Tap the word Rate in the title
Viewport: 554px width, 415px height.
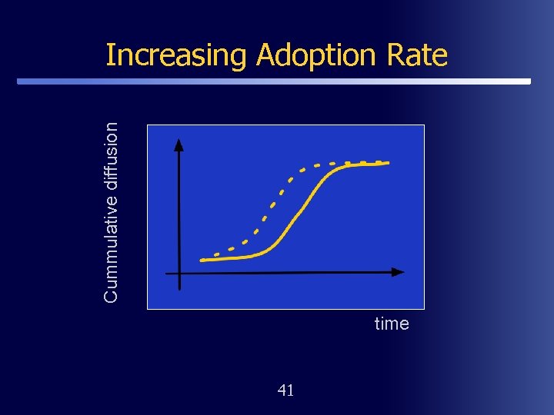pyautogui.click(x=419, y=55)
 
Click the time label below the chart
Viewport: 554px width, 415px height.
pyautogui.click(x=392, y=324)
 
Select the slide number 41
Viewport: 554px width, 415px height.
pyautogui.click(x=285, y=390)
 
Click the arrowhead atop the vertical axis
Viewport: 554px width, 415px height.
pyautogui.click(x=179, y=144)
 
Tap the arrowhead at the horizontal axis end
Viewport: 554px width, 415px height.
pyautogui.click(x=398, y=272)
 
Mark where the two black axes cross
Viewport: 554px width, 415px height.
pyautogui.click(x=179, y=273)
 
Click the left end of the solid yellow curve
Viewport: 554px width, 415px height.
pyautogui.click(x=202, y=261)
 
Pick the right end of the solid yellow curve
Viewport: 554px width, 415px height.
pyautogui.click(x=389, y=163)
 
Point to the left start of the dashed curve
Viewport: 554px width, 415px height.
pyautogui.click(x=216, y=253)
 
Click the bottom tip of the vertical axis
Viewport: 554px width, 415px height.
pyautogui.click(x=179, y=289)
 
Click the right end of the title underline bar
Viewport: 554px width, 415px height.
pyautogui.click(x=529, y=81)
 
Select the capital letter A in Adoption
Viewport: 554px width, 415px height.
pyautogui.click(x=267, y=55)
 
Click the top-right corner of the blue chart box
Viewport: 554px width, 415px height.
pyautogui.click(x=424, y=125)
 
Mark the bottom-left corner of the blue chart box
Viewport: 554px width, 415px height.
pyautogui.click(x=147, y=308)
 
